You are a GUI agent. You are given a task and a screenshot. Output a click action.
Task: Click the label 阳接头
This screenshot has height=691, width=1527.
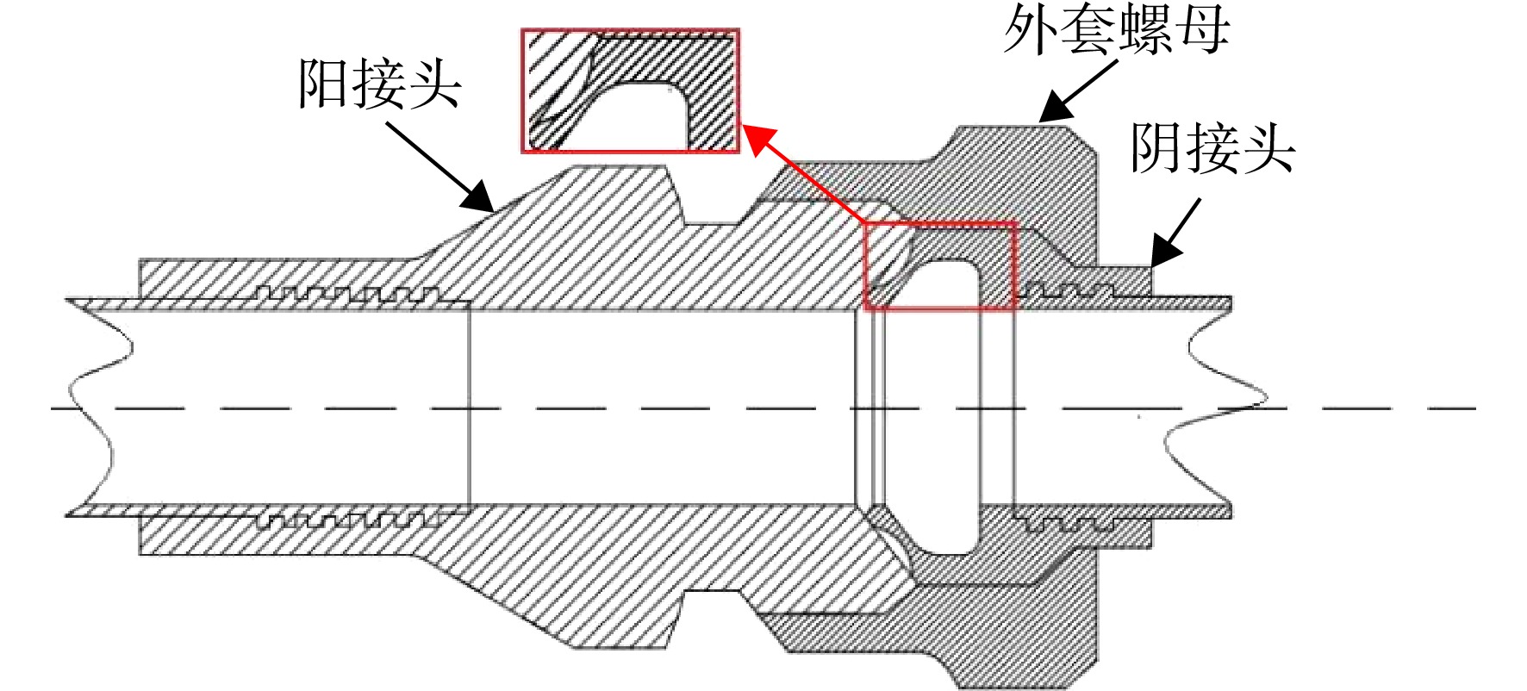(380, 84)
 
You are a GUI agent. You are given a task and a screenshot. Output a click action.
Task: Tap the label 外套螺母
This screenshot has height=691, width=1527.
(1117, 32)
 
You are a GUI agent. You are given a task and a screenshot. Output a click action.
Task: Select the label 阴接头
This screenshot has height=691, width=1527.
(1213, 147)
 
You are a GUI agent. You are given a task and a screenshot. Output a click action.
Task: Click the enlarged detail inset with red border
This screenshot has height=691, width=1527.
(630, 90)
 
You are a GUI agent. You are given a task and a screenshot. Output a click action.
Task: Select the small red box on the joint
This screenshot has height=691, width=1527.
(940, 266)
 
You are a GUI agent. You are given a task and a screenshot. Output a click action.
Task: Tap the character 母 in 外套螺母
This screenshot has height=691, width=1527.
(1203, 32)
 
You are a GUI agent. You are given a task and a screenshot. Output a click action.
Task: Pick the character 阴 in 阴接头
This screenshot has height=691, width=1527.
(1158, 147)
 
